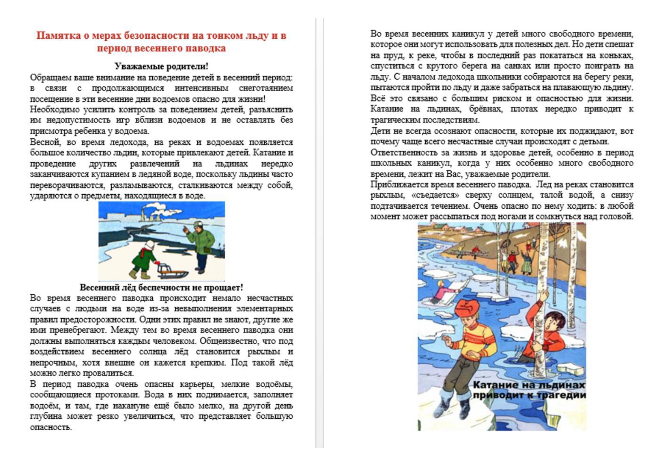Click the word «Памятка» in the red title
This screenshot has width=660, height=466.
pyautogui.click(x=58, y=36)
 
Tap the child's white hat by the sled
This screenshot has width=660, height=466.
pyautogui.click(x=149, y=245)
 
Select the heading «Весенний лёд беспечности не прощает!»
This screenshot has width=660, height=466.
pyautogui.click(x=161, y=287)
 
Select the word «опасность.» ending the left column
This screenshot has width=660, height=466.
pyautogui.click(x=51, y=427)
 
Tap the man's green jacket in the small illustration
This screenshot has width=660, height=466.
pyautogui.click(x=201, y=241)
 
